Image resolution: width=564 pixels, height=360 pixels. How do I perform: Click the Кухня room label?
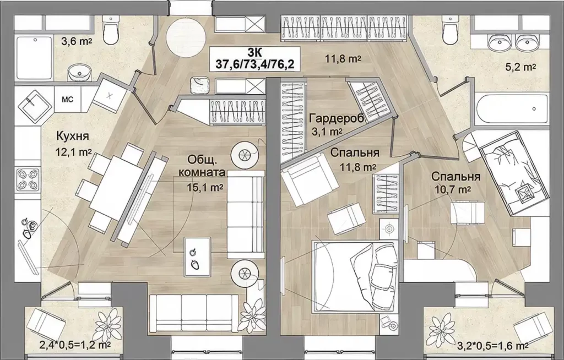(x=73, y=137)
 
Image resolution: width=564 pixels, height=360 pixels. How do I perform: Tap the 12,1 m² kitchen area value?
(x=73, y=152)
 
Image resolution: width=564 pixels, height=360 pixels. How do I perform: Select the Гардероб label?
(x=337, y=118)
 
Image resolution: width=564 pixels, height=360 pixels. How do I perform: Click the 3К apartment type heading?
(x=254, y=51)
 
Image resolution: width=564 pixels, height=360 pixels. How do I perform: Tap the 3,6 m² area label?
(x=76, y=41)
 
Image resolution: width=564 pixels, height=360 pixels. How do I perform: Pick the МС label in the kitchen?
(x=68, y=99)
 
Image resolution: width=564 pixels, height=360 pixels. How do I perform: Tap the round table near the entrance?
(x=186, y=37)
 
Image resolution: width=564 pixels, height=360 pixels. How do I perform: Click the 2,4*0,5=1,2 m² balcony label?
(x=75, y=346)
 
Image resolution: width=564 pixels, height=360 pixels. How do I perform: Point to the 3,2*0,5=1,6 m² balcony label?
(x=492, y=346)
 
